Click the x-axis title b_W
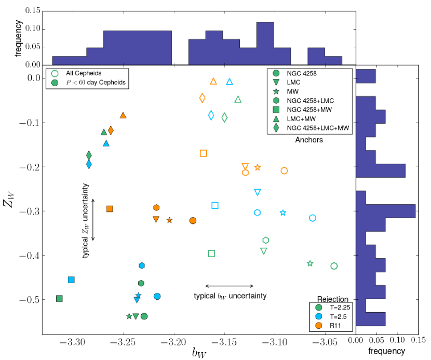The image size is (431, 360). pyautogui.click(x=199, y=353)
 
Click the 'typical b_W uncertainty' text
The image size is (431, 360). pyautogui.click(x=230, y=296)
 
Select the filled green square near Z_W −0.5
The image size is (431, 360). pyautogui.click(x=59, y=299)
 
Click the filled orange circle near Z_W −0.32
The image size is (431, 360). pyautogui.click(x=193, y=221)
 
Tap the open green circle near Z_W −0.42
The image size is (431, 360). pyautogui.click(x=334, y=266)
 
